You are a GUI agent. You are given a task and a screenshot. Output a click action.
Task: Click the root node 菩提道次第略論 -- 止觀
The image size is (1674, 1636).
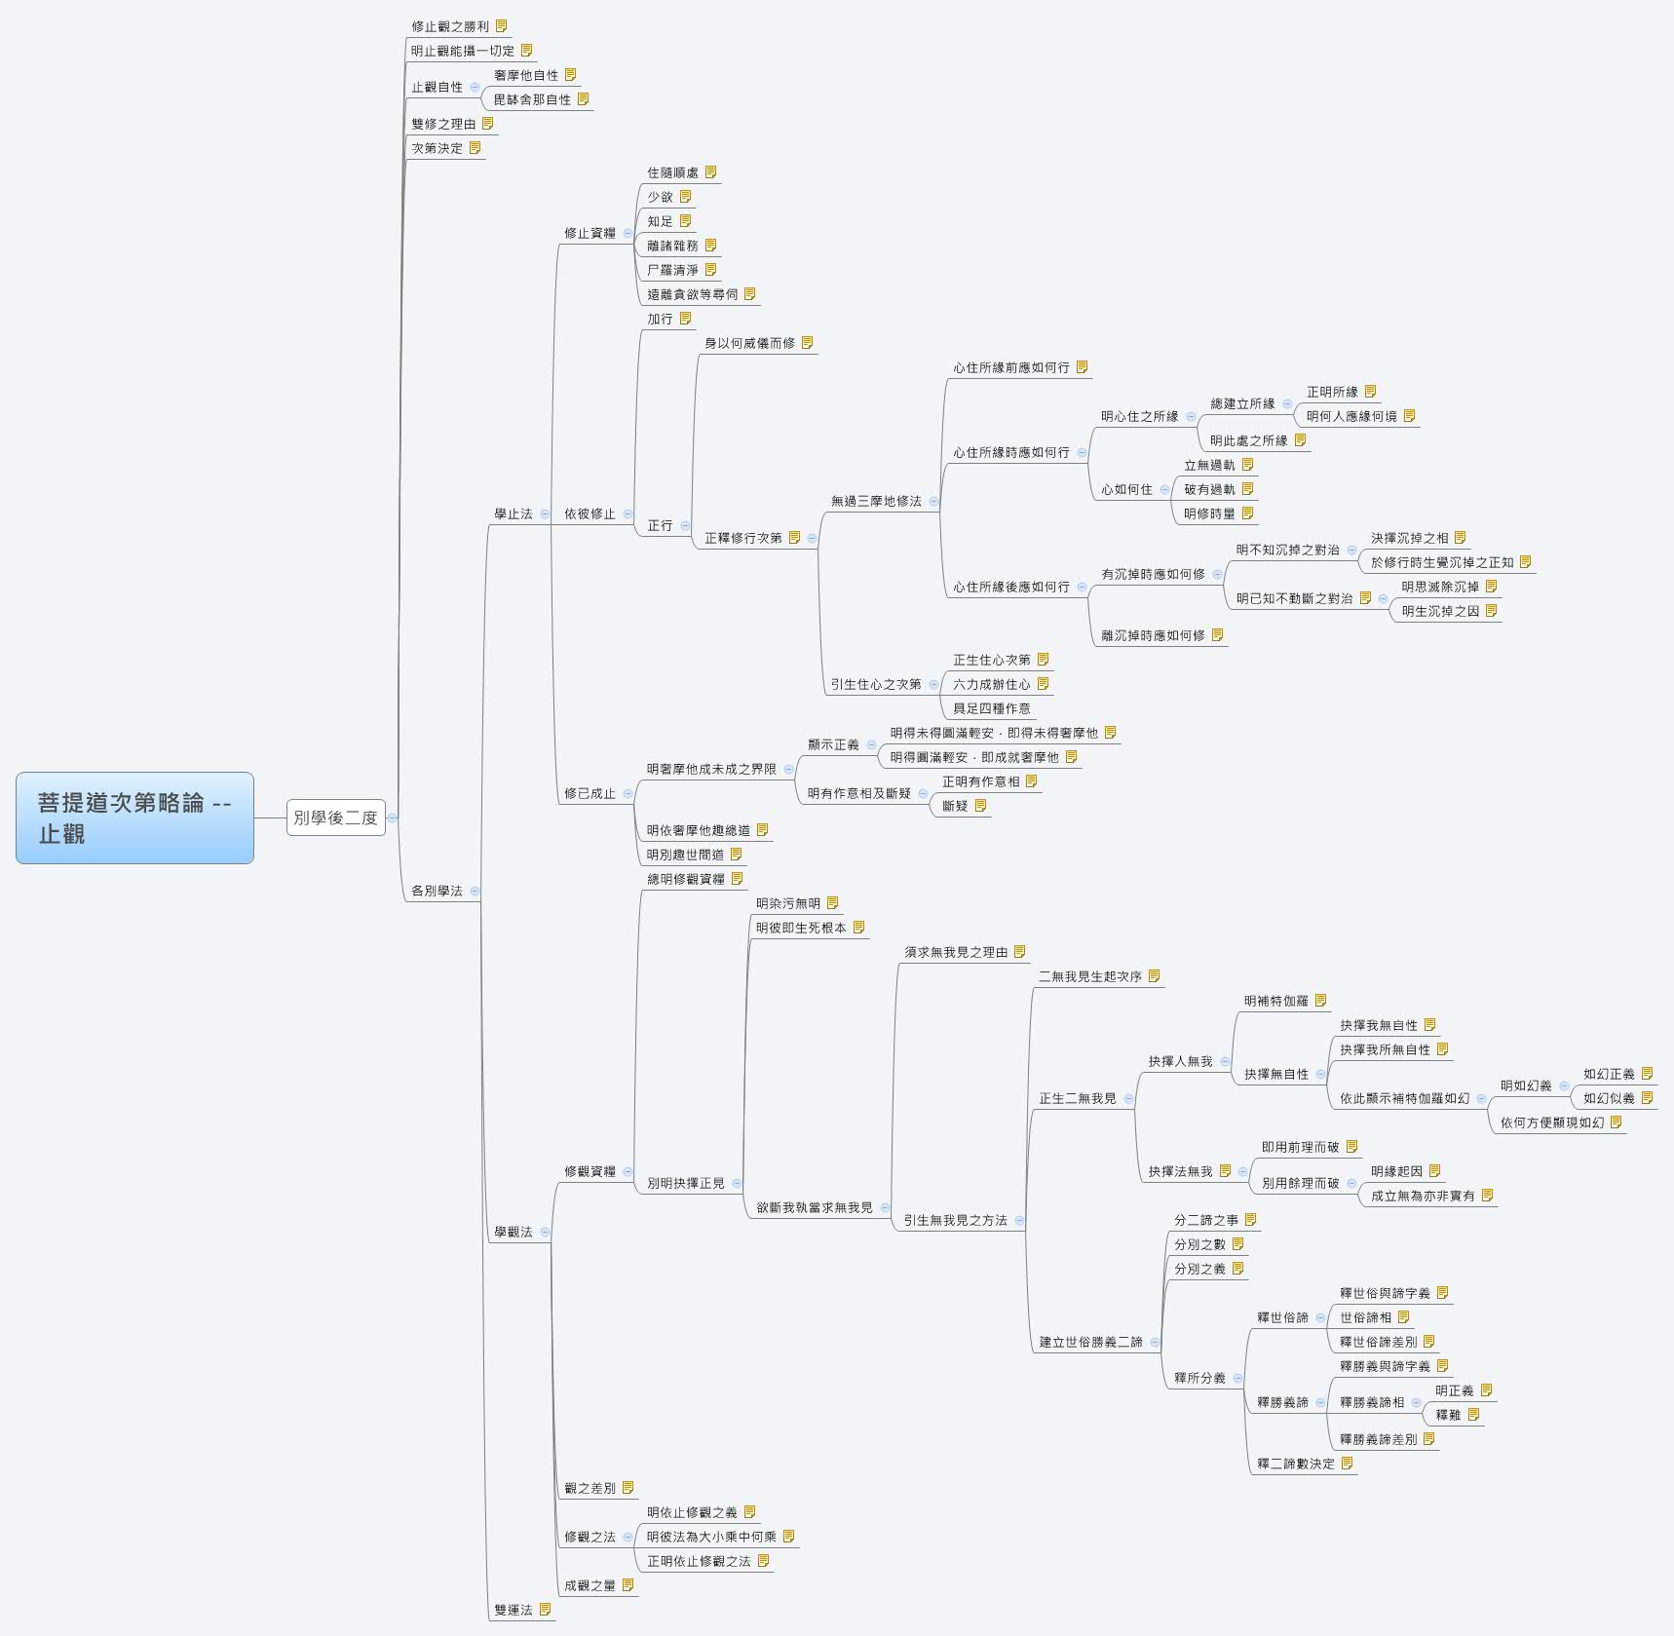click(x=134, y=818)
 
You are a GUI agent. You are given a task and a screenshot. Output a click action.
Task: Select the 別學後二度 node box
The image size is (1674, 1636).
click(x=335, y=818)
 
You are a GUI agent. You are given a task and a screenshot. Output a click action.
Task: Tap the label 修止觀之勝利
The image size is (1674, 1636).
click(x=449, y=26)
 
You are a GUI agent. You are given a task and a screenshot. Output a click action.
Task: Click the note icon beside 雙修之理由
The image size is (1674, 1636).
click(x=487, y=124)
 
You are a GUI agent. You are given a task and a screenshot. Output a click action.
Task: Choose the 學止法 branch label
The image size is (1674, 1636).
click(x=513, y=514)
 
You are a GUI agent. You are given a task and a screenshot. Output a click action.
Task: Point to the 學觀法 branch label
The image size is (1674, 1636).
click(x=513, y=1232)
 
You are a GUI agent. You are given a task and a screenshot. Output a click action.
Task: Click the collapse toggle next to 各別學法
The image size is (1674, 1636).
click(x=475, y=891)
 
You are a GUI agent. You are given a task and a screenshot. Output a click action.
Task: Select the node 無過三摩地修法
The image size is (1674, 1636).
click(x=875, y=501)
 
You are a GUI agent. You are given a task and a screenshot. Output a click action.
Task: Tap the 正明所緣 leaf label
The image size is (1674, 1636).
click(x=1331, y=392)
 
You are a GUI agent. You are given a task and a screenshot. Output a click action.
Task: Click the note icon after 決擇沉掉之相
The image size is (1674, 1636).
click(x=1460, y=538)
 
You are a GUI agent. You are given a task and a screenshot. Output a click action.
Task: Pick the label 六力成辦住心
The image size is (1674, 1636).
click(x=991, y=684)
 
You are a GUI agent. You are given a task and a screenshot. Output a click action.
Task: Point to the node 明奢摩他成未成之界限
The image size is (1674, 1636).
click(x=711, y=769)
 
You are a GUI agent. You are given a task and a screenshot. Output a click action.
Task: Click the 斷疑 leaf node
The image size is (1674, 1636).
click(x=955, y=806)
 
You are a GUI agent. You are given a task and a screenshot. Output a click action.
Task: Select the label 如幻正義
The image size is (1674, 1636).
click(x=1608, y=1074)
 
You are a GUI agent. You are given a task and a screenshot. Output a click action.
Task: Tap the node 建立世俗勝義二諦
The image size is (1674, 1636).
click(x=1089, y=1342)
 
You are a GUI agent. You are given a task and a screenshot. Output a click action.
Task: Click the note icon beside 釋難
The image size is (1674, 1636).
click(x=1473, y=1415)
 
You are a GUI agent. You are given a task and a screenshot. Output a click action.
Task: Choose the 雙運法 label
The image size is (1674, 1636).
click(x=513, y=1610)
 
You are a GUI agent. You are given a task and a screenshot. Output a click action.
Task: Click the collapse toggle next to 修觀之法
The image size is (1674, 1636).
click(x=628, y=1537)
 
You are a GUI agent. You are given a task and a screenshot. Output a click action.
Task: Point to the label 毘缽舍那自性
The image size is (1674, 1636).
click(x=532, y=99)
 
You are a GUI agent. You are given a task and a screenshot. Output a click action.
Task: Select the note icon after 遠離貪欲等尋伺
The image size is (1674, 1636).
click(x=749, y=294)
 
